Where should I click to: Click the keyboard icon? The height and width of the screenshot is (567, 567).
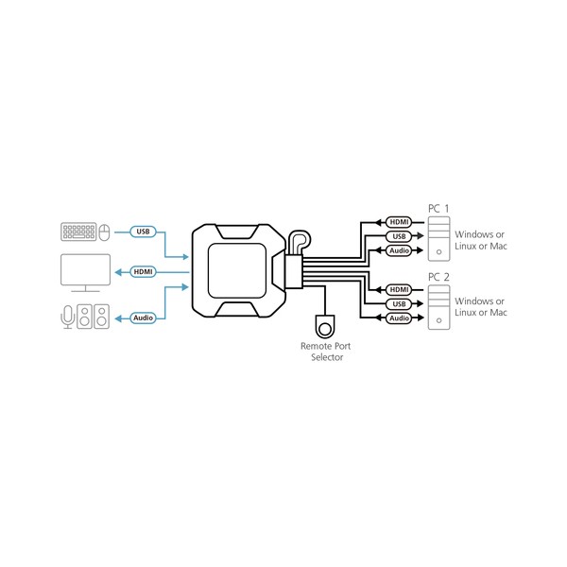[78, 232]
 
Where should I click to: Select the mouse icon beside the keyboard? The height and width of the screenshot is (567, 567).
[104, 232]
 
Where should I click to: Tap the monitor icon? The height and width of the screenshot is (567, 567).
[85, 273]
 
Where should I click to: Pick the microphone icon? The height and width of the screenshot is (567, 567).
[68, 317]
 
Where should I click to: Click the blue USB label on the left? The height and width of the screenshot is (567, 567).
[144, 232]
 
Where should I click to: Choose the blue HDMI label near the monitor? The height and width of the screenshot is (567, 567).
[144, 271]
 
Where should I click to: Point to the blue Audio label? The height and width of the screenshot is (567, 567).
[144, 318]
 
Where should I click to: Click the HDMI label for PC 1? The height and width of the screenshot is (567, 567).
[399, 222]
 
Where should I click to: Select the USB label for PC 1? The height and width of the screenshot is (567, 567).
[399, 236]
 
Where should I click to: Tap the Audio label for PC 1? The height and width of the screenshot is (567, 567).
[399, 250]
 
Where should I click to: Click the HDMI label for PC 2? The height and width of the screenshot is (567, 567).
[399, 290]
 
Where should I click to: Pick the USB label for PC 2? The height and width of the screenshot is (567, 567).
[399, 303]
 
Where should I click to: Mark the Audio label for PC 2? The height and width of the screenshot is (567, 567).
[399, 318]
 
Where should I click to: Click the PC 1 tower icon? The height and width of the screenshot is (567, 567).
[439, 239]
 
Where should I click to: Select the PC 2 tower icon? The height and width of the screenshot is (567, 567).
[439, 307]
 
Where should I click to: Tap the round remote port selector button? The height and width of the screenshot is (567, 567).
[325, 329]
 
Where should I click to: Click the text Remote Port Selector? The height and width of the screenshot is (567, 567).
[326, 352]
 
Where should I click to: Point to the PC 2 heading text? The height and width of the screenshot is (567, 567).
[438, 277]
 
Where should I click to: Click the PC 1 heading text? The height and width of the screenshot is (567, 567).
[438, 209]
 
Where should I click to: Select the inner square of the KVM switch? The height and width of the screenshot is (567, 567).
[237, 271]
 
